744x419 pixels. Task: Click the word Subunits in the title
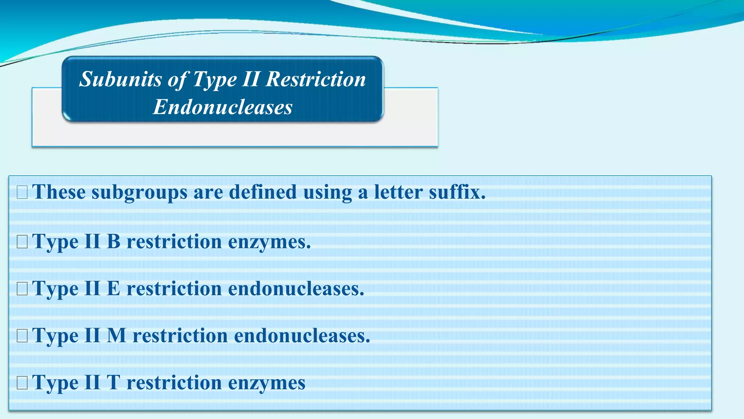pyautogui.click(x=120, y=79)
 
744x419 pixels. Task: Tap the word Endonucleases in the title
pyautogui.click(x=222, y=107)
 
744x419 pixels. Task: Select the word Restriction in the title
pyautogui.click(x=316, y=79)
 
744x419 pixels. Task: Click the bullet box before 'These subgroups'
pyautogui.click(x=22, y=192)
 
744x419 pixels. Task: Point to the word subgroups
pyautogui.click(x=139, y=192)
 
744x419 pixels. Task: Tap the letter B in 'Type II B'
pyautogui.click(x=113, y=241)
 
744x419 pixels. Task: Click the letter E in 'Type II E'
pyautogui.click(x=113, y=288)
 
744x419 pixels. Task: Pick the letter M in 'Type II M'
pyautogui.click(x=117, y=335)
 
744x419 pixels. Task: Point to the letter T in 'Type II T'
pyautogui.click(x=113, y=383)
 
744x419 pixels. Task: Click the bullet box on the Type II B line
pyautogui.click(x=22, y=242)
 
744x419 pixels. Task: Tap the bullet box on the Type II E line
pyautogui.click(x=22, y=289)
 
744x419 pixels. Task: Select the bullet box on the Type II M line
pyautogui.click(x=22, y=336)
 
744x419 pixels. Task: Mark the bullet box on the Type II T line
pyautogui.click(x=22, y=383)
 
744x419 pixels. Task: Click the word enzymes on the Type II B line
pyautogui.click(x=269, y=242)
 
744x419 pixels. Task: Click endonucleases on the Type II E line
pyautogui.click(x=296, y=288)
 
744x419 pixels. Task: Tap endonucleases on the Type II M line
pyautogui.click(x=302, y=335)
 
